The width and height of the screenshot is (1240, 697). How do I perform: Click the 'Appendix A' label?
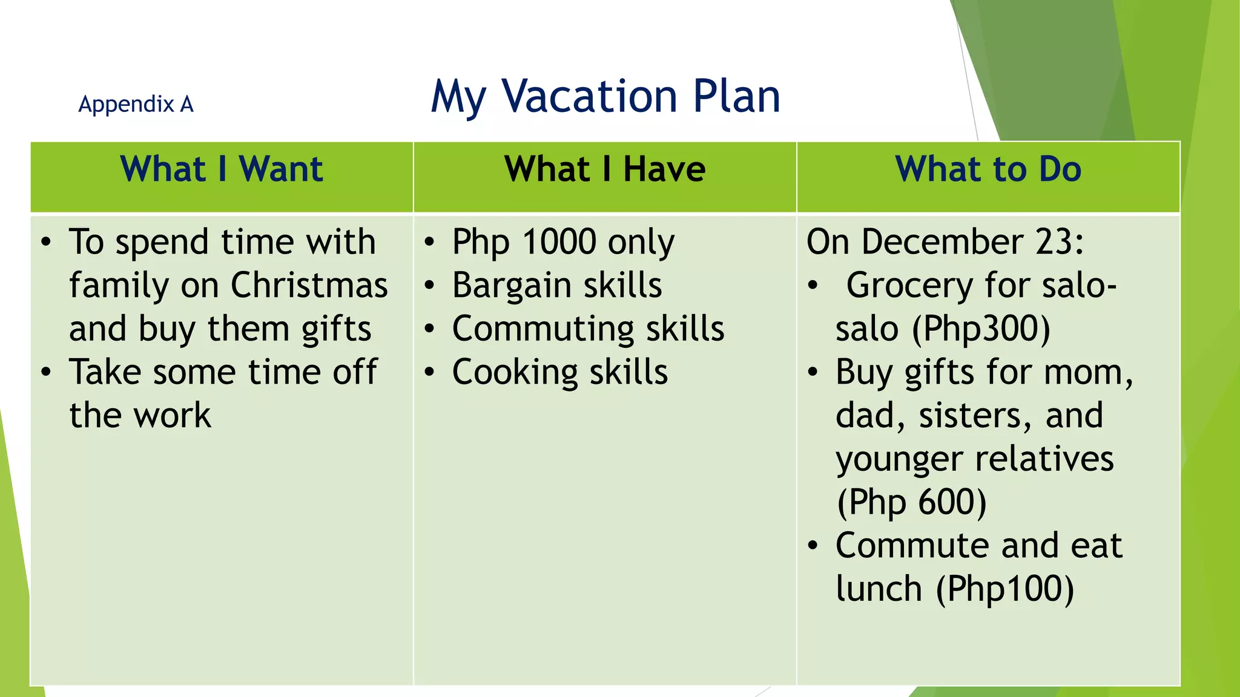(136, 104)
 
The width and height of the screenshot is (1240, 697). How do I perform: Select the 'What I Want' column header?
(222, 169)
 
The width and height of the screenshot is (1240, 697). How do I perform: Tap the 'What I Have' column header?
(605, 169)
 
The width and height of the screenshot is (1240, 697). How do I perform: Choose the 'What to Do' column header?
(988, 169)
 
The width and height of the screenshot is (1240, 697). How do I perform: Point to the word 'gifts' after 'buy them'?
(336, 329)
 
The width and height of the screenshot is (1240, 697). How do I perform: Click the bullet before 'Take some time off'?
(46, 372)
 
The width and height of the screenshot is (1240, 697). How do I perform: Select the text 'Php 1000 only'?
(563, 242)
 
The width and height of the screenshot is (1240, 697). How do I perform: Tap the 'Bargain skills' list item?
(557, 285)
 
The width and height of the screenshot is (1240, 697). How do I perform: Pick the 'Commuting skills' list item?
(588, 329)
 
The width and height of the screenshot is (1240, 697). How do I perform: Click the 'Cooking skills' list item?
(560, 372)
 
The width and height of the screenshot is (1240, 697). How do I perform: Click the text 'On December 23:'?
(945, 241)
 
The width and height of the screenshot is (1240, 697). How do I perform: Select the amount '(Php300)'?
(981, 329)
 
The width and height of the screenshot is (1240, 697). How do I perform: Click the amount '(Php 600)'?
(911, 502)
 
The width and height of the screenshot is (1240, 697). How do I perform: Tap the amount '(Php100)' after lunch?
(1005, 589)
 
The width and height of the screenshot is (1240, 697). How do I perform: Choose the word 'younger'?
(899, 459)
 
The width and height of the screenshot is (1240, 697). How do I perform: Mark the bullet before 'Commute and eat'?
(813, 546)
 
